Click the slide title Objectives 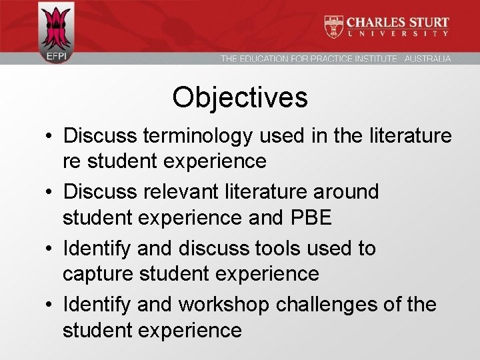(240, 97)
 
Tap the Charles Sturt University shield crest (334, 26)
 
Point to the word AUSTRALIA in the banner (427, 59)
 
